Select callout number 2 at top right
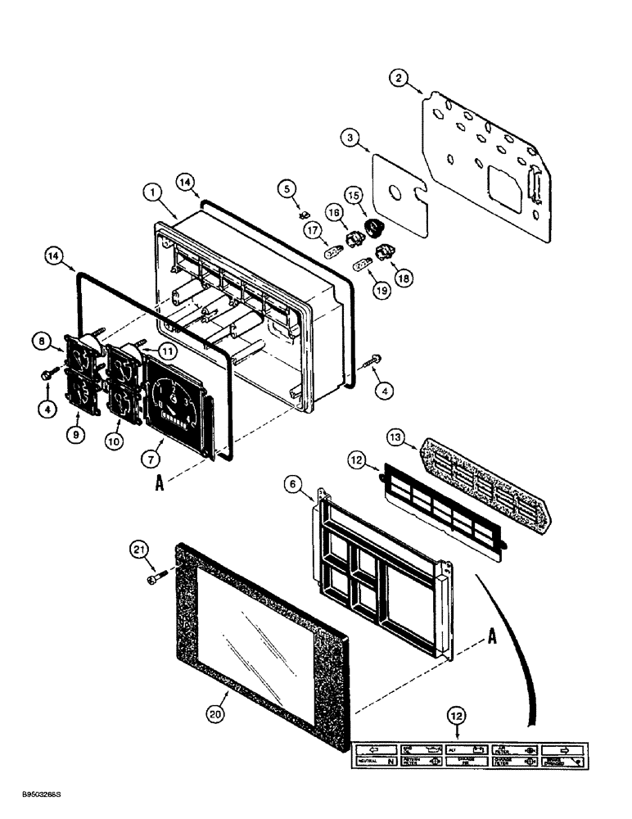pos(399,79)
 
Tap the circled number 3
pos(350,139)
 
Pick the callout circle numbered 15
pos(376,197)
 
